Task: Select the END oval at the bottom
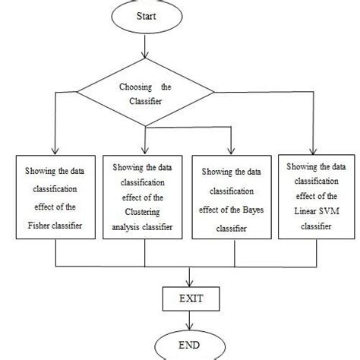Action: (180, 346)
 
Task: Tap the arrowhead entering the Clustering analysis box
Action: (144, 151)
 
